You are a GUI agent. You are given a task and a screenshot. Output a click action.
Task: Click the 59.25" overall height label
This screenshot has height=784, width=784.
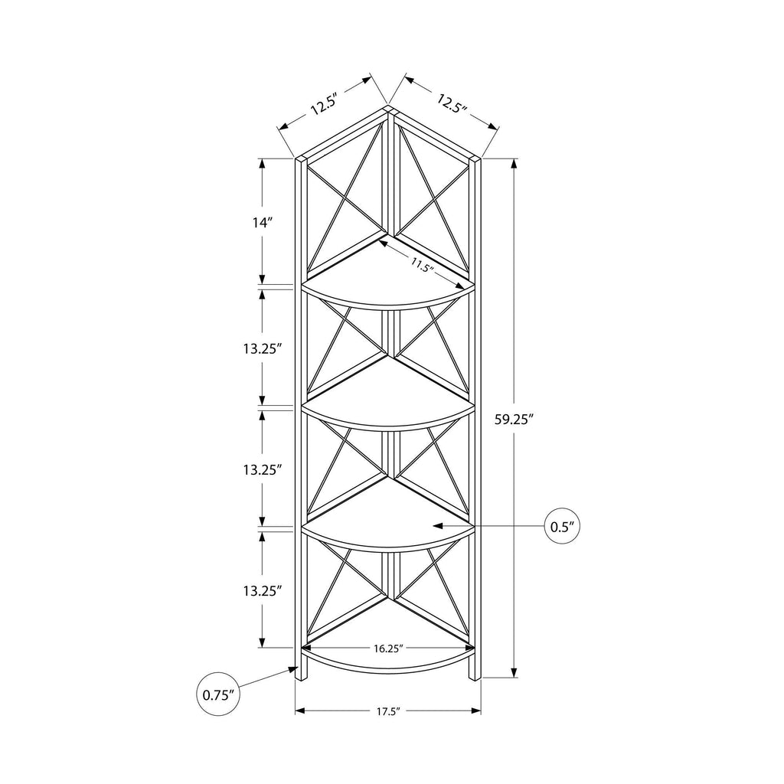pyautogui.click(x=511, y=420)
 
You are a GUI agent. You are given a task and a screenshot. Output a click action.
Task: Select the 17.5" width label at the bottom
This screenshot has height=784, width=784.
pyautogui.click(x=388, y=711)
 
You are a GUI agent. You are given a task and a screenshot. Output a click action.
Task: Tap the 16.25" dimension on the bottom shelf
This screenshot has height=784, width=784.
pyautogui.click(x=388, y=648)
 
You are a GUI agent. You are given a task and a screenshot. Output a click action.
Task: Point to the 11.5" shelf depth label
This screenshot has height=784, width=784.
pyautogui.click(x=421, y=264)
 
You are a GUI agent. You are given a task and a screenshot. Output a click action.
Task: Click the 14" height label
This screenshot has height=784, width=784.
pyautogui.click(x=262, y=222)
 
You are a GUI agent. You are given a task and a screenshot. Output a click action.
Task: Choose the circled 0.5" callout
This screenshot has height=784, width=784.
pyautogui.click(x=562, y=526)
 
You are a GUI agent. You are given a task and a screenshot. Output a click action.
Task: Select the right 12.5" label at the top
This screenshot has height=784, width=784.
pyautogui.click(x=452, y=103)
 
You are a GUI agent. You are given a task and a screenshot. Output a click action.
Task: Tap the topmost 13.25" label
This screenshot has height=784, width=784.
pyautogui.click(x=260, y=348)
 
